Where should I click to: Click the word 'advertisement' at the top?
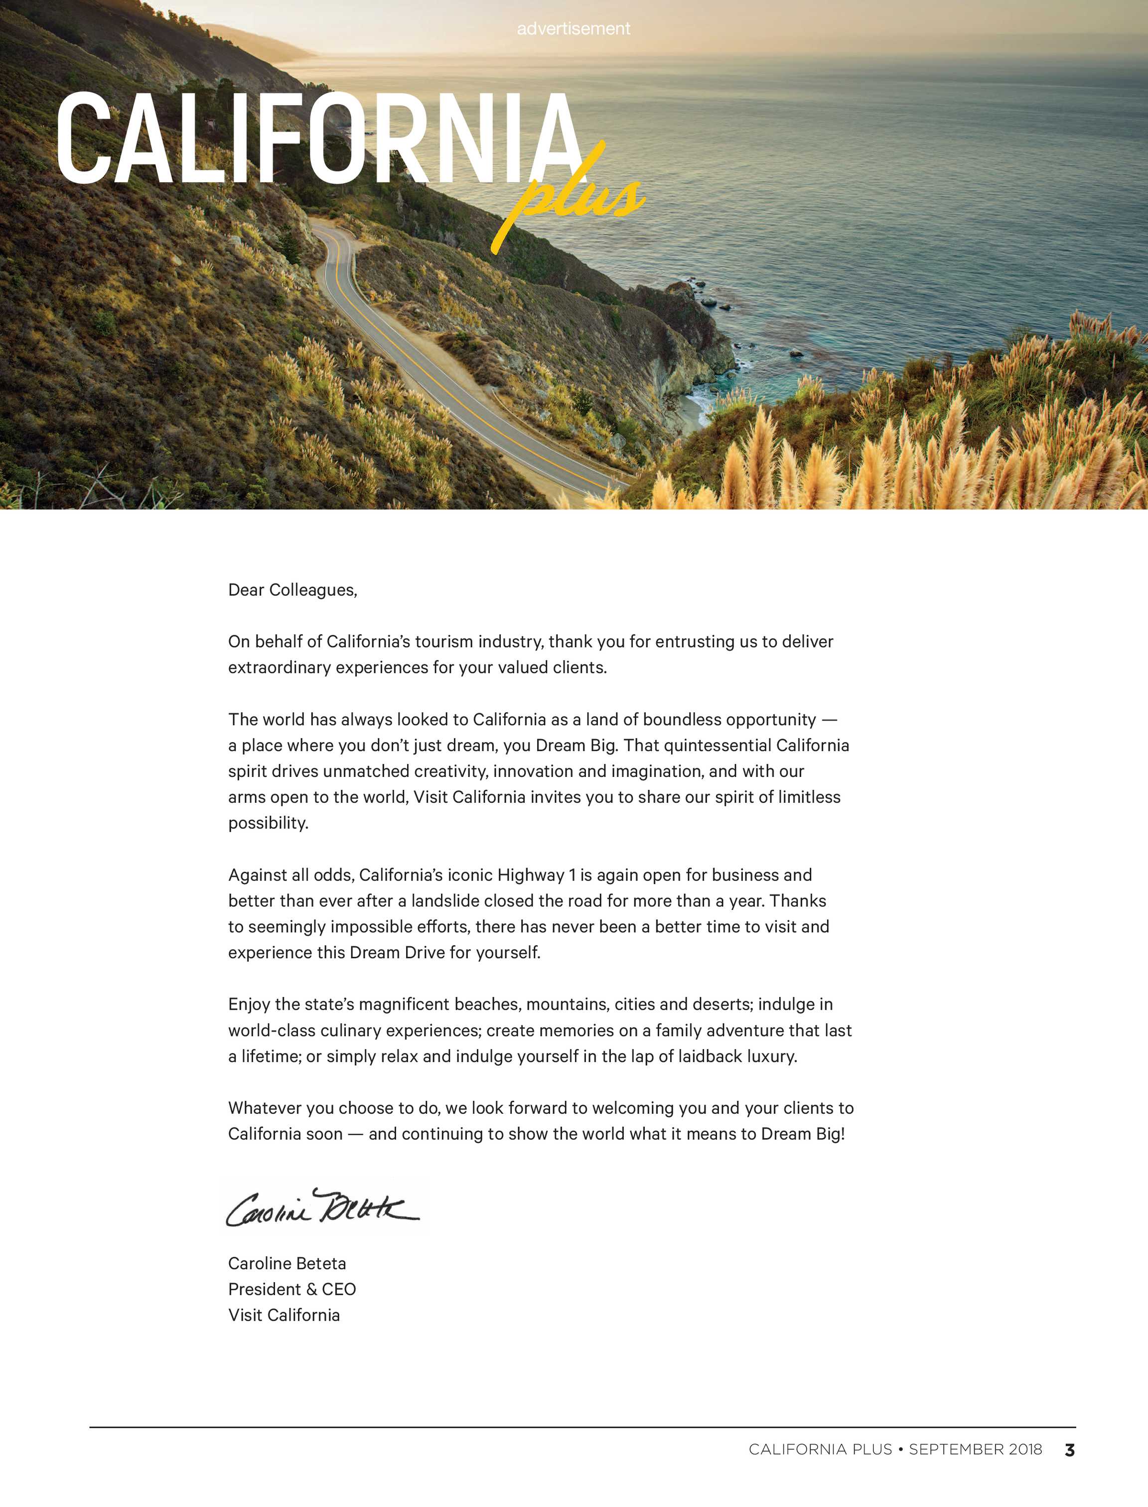(x=574, y=29)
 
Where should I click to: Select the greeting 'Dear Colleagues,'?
(x=292, y=590)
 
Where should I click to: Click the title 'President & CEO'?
(x=292, y=1289)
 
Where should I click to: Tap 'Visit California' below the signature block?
(x=284, y=1315)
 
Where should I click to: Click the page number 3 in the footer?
(x=1069, y=1450)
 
